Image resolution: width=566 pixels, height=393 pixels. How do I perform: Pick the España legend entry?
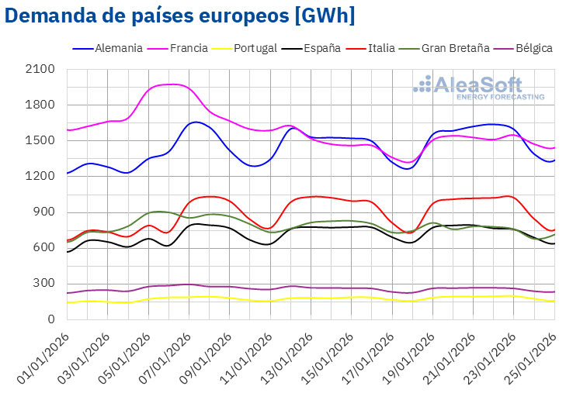(321, 48)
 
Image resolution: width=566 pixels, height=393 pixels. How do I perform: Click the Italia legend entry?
(380, 48)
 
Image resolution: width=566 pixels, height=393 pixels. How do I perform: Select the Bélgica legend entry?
(533, 48)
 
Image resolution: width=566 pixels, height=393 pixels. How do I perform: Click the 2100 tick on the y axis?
(40, 69)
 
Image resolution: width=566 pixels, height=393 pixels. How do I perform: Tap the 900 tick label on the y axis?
(44, 212)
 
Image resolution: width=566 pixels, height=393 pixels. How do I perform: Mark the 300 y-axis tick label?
(44, 283)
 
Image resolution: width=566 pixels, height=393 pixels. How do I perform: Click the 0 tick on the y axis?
(51, 319)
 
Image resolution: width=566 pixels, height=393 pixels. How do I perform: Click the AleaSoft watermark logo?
(478, 88)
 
